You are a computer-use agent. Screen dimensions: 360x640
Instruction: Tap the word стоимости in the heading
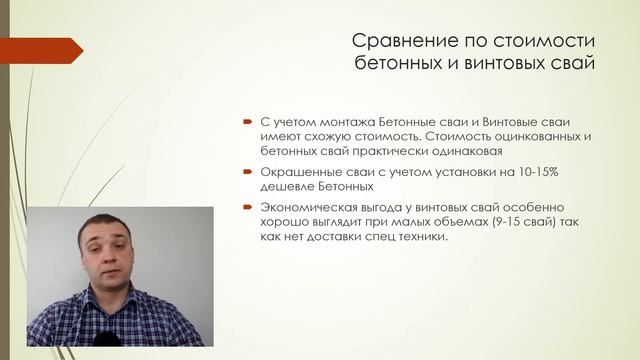pos(551,42)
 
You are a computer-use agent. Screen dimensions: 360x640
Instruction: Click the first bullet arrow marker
pos(247,118)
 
